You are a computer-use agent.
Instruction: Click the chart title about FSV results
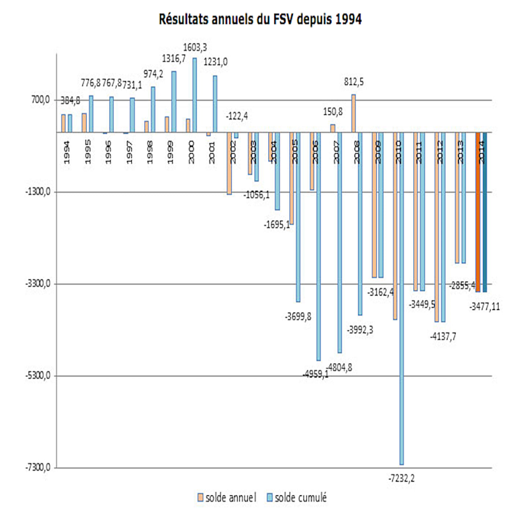[x=260, y=19]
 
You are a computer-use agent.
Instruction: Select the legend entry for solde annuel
[x=227, y=498]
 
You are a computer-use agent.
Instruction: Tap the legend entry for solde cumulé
[x=297, y=498]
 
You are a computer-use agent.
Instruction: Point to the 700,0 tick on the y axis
[x=41, y=100]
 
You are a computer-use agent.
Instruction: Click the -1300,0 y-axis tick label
[x=38, y=192]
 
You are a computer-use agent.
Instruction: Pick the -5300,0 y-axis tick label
[x=38, y=375]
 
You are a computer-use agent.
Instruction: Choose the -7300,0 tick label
[x=38, y=467]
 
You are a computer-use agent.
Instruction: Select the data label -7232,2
[x=402, y=478]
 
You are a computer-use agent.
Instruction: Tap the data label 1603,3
[x=195, y=47]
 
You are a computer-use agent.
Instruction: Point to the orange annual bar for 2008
[x=353, y=113]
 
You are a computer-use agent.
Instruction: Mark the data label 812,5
[x=354, y=82]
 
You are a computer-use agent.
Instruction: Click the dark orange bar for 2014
[x=478, y=212]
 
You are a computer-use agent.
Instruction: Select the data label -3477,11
[x=485, y=307]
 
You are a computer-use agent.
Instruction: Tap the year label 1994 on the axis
[x=67, y=152]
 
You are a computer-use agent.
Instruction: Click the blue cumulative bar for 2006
[x=318, y=246]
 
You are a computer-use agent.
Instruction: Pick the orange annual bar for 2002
[x=229, y=163]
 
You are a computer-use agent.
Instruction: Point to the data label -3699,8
[x=298, y=317]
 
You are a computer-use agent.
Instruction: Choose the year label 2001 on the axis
[x=212, y=152]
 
